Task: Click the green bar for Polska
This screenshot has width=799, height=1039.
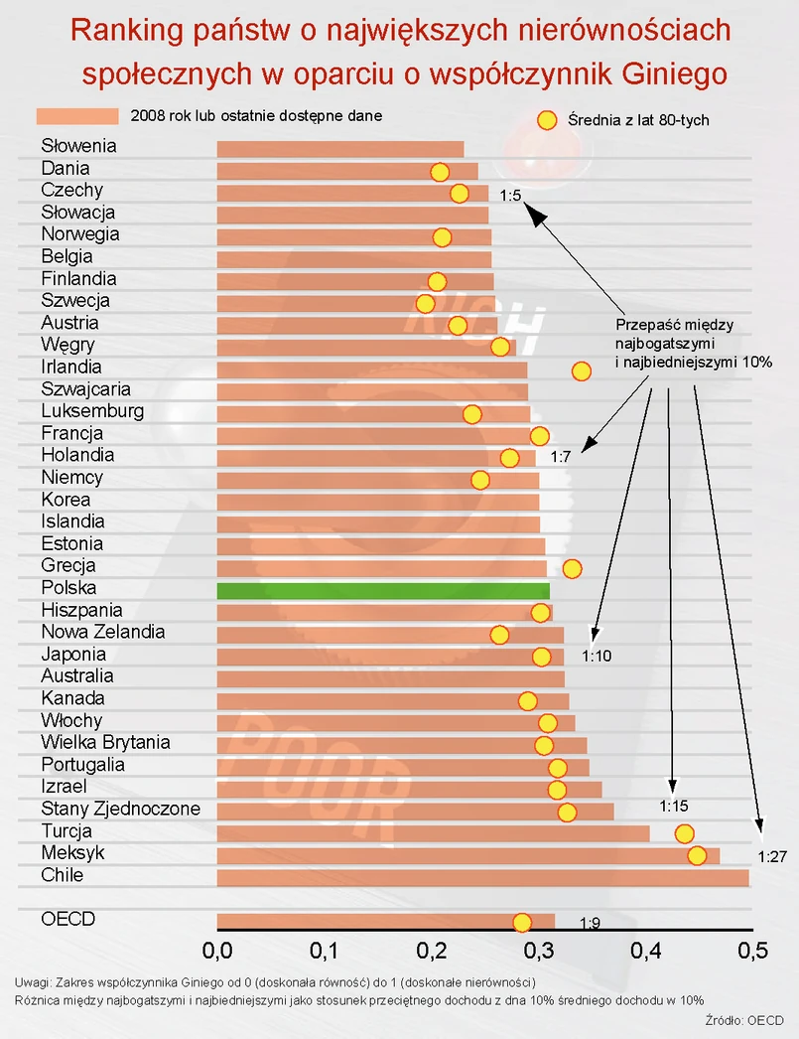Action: [382, 590]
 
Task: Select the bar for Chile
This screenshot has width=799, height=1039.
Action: [482, 877]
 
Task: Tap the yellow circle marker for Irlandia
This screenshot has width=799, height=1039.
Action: [581, 371]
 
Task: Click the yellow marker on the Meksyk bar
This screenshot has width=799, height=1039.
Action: [697, 855]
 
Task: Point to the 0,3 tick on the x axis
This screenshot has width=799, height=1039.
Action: [538, 951]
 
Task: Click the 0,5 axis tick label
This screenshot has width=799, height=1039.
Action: [752, 951]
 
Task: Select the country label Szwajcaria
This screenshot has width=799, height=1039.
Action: [85, 389]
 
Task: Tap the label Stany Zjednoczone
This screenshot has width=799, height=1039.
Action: [120, 809]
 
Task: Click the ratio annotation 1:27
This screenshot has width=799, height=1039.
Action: [771, 856]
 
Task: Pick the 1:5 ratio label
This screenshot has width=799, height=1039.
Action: [510, 196]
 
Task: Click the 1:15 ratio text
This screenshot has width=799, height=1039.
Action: [674, 806]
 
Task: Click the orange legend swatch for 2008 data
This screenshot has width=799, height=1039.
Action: [76, 116]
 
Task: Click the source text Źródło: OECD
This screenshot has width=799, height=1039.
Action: [735, 1019]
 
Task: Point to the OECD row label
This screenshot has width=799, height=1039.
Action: [67, 919]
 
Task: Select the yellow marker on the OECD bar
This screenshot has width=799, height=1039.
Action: [522, 922]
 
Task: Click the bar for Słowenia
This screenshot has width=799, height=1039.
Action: [339, 149]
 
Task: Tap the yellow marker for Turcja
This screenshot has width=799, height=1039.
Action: [684, 833]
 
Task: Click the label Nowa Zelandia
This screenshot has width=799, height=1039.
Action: [102, 632]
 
